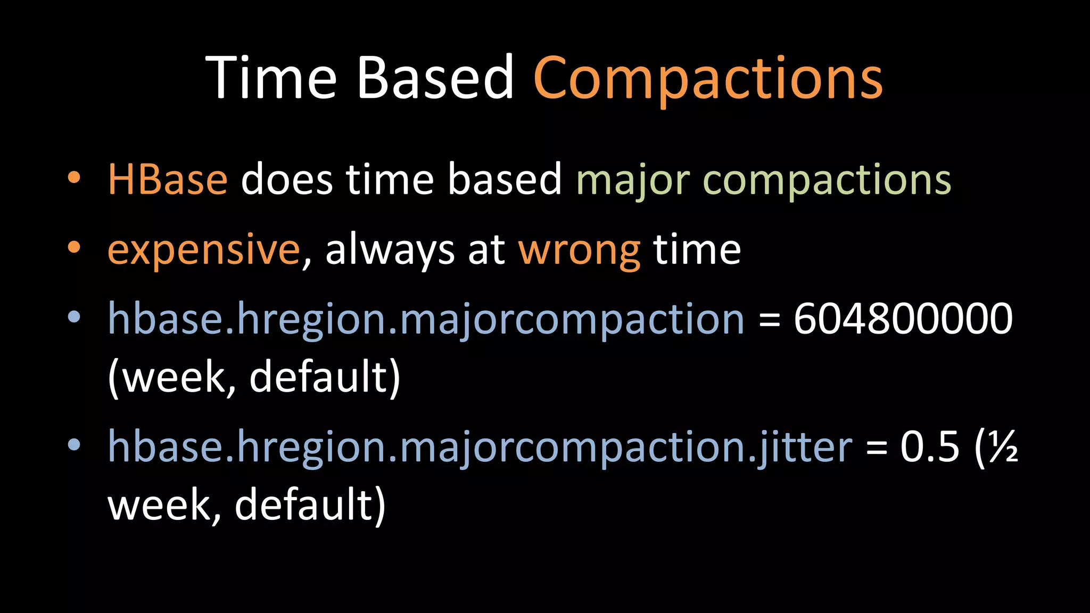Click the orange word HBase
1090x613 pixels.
[168, 179]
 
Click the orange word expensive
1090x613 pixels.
[204, 250]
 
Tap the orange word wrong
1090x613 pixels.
[579, 250]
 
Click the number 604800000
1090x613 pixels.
[903, 318]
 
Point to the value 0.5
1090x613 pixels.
[930, 446]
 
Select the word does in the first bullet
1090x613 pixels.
[287, 179]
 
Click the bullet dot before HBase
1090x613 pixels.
[74, 177]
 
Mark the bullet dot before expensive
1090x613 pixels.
[74, 247]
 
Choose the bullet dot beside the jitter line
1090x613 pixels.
[74, 444]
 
